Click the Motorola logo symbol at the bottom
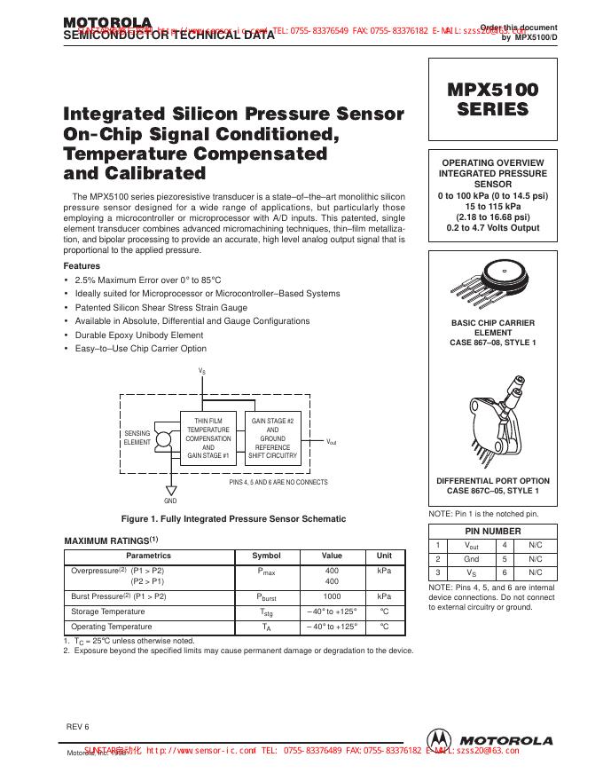tap(437, 740)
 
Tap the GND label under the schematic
tap(171, 501)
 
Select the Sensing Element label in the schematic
tap(137, 437)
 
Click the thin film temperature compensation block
tap(208, 437)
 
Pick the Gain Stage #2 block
tap(272, 437)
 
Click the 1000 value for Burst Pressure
tap(332, 596)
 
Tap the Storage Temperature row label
tap(107, 611)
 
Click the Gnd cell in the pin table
tap(472, 559)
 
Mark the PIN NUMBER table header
tap(494, 530)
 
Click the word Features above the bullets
tap(82, 265)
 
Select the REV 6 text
tap(78, 726)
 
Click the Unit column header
tap(384, 556)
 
